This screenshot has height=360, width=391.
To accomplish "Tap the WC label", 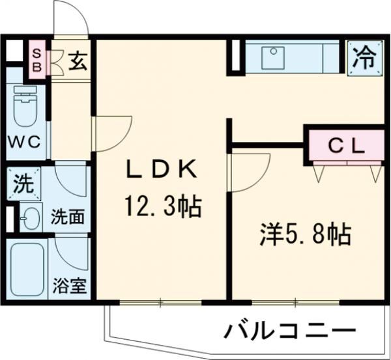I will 24,142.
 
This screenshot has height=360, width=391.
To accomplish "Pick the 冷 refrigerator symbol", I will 364,58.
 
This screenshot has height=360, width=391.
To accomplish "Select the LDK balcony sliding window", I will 160,302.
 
